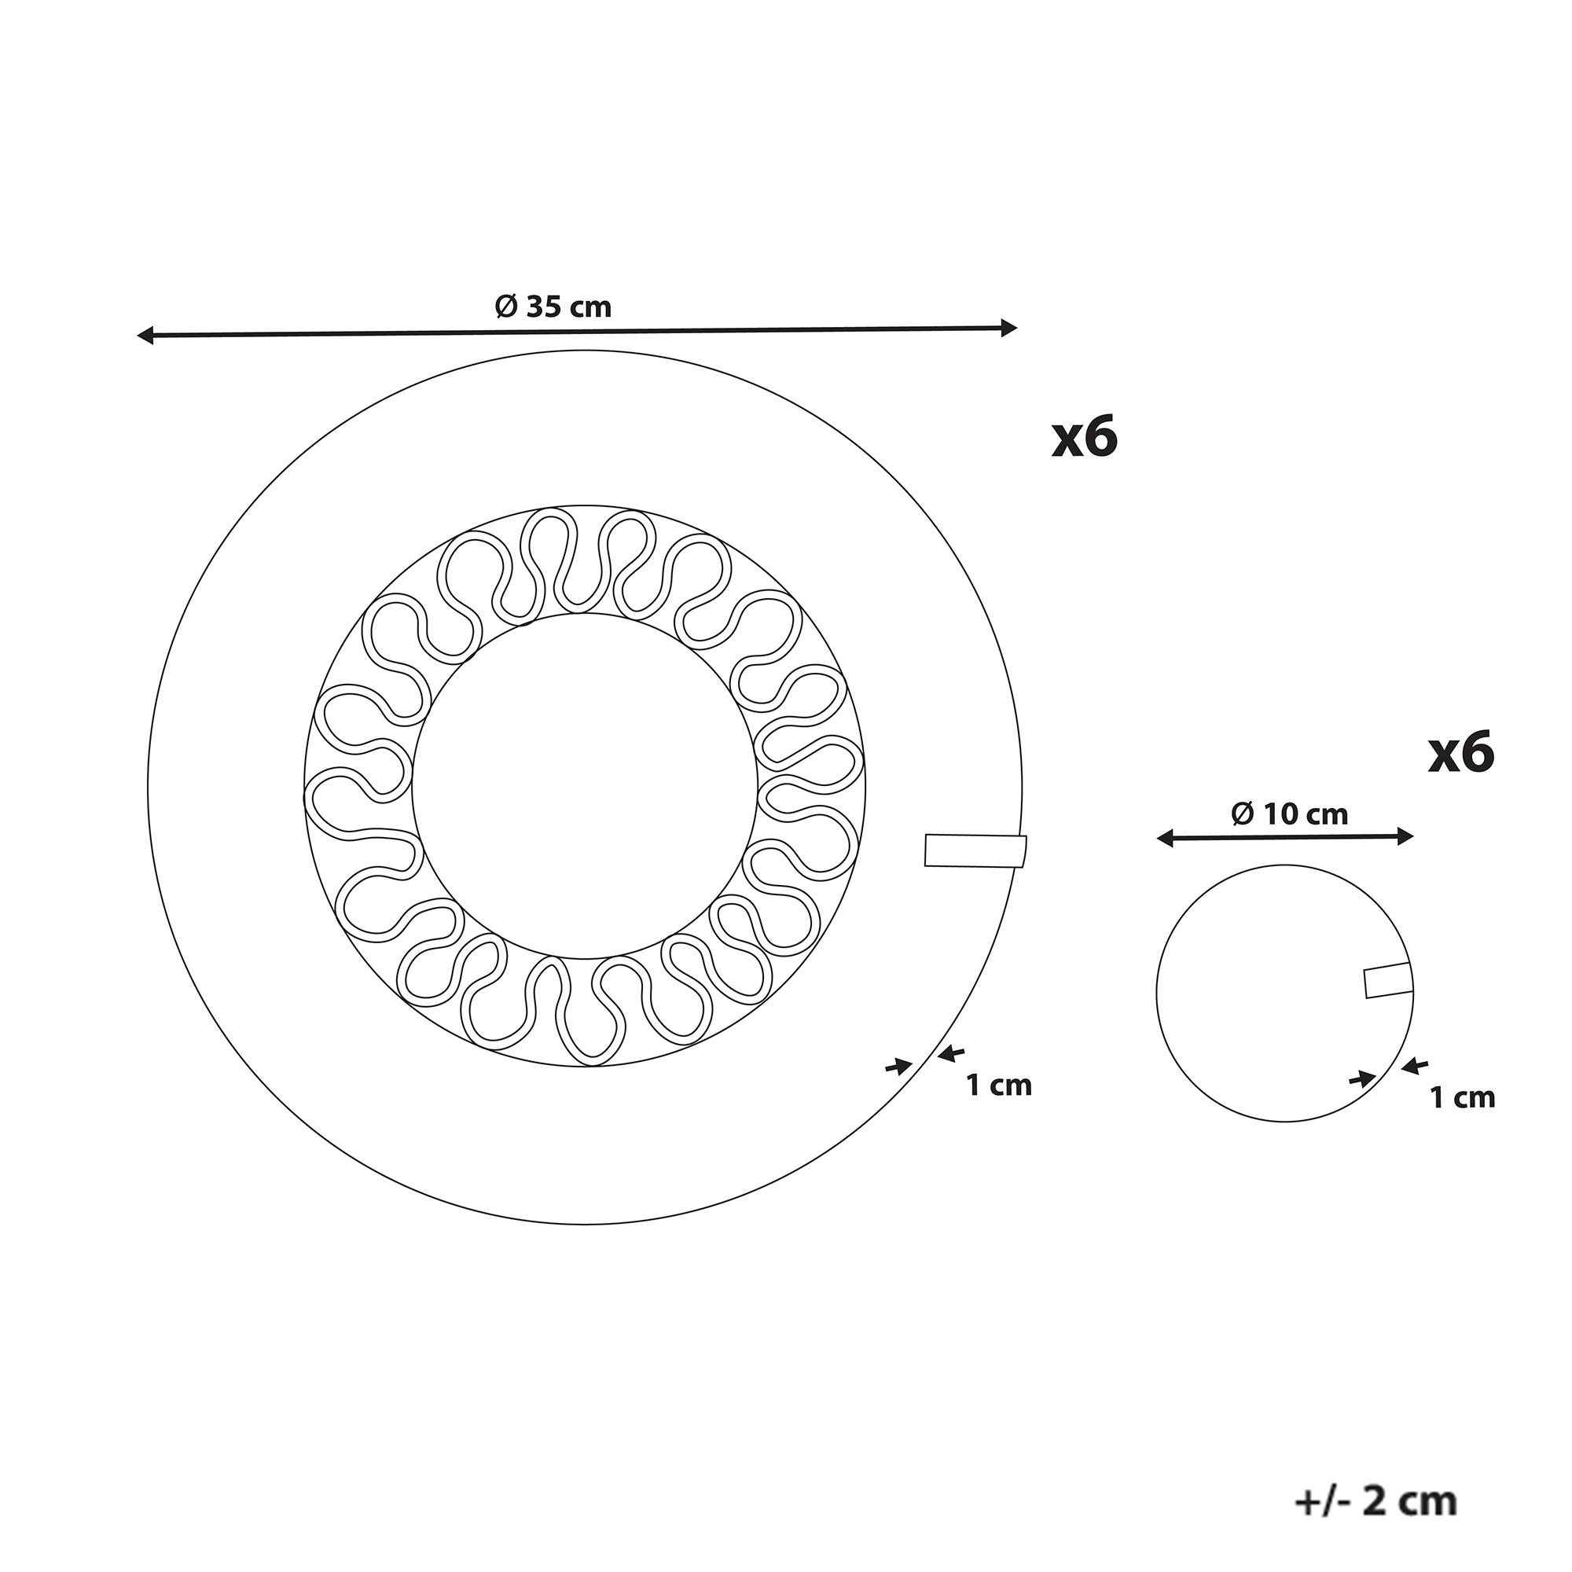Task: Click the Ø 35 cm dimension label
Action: [x=553, y=307]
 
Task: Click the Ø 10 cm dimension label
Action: [x=1290, y=814]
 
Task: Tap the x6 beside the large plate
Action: [x=1085, y=439]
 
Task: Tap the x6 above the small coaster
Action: [x=1462, y=753]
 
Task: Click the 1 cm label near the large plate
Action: [x=999, y=1085]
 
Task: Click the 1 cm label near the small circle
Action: [x=1463, y=1096]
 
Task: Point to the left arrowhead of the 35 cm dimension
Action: [x=145, y=334]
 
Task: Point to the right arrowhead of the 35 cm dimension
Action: [x=1009, y=328]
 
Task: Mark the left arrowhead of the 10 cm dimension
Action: [x=1164, y=838]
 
